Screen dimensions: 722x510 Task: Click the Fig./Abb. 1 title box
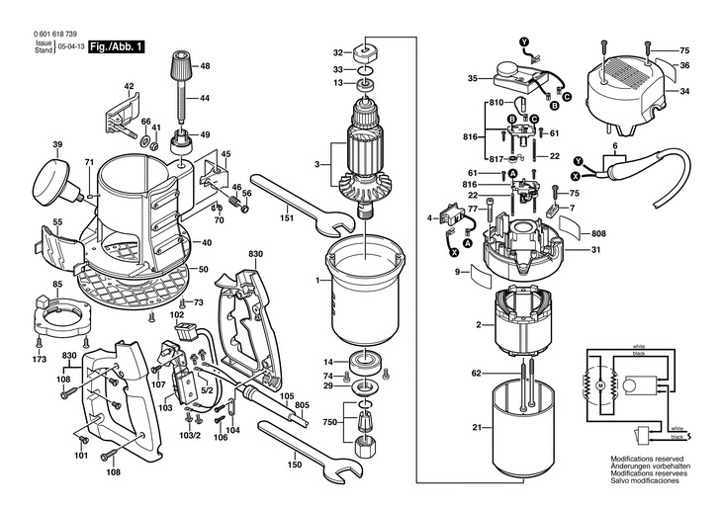pos(117,47)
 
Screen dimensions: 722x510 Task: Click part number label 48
pos(205,66)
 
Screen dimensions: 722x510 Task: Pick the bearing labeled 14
pos(367,362)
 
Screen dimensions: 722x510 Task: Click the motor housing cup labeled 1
pos(364,291)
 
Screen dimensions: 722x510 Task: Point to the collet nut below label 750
pos(365,446)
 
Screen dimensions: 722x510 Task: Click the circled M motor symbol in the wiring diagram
pos(600,383)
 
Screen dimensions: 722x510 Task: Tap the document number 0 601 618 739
pos(54,34)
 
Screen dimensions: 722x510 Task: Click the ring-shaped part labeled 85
pos(64,317)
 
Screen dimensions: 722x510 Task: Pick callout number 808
pos(598,233)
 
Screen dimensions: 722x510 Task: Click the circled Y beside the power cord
pos(579,161)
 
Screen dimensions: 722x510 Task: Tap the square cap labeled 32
pos(366,52)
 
